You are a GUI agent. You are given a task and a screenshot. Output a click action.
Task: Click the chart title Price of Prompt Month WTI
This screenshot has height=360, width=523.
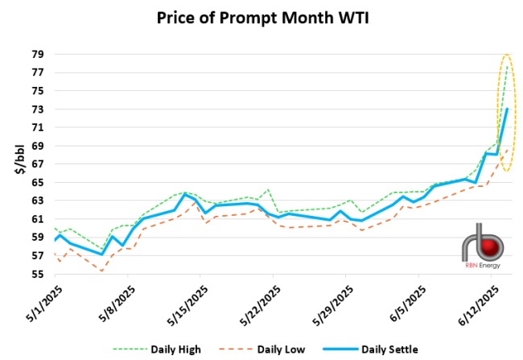pyautogui.click(x=261, y=18)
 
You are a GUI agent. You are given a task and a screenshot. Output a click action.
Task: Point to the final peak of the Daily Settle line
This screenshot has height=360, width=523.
pyautogui.click(x=507, y=109)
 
